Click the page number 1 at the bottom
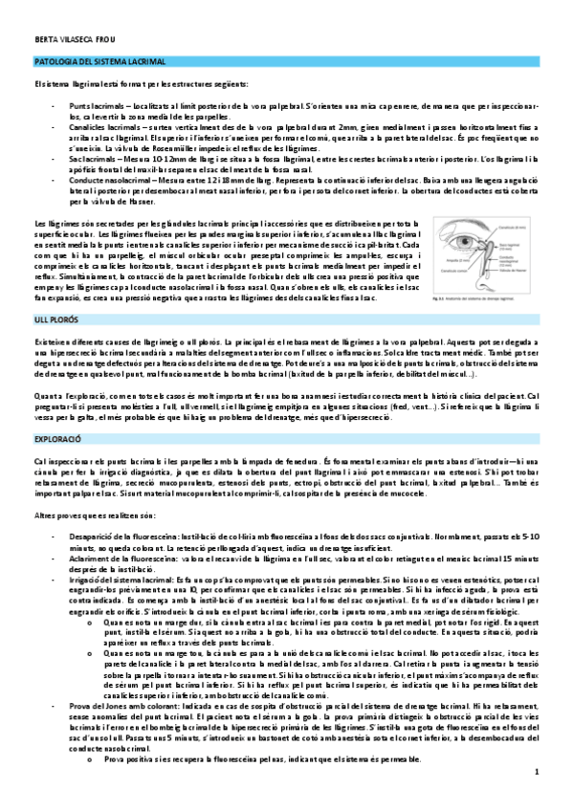click(x=538, y=797)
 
